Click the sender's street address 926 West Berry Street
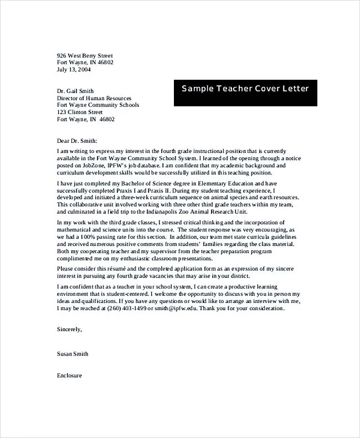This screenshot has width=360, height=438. (85, 55)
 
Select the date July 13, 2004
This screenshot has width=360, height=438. (74, 70)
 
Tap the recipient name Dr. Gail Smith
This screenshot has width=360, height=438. (75, 91)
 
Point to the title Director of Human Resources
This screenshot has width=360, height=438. (94, 98)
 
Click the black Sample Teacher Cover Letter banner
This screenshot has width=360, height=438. (245, 89)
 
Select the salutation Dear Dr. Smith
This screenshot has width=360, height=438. (76, 141)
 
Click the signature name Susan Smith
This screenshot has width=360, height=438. (73, 353)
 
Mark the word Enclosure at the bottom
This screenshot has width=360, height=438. (69, 375)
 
